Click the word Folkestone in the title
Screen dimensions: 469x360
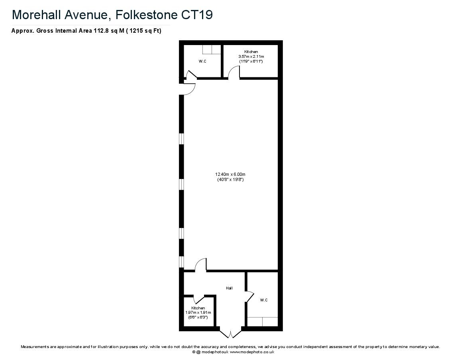[146, 15]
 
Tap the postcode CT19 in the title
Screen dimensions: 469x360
[197, 15]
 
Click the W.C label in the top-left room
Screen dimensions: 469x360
[202, 61]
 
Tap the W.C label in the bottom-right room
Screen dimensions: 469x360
[264, 300]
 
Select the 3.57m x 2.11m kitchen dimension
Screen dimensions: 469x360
[251, 57]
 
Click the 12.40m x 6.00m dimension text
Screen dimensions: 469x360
[230, 175]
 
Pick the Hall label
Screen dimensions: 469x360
[229, 288]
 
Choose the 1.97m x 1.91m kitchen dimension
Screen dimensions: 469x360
[198, 313]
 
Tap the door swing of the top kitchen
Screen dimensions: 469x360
[234, 72]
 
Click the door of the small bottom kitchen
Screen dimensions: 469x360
[198, 299]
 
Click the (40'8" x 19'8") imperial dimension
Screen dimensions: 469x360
[230, 180]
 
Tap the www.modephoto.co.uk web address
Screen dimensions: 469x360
[252, 352]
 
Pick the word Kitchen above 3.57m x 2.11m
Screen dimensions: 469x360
[251, 52]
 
